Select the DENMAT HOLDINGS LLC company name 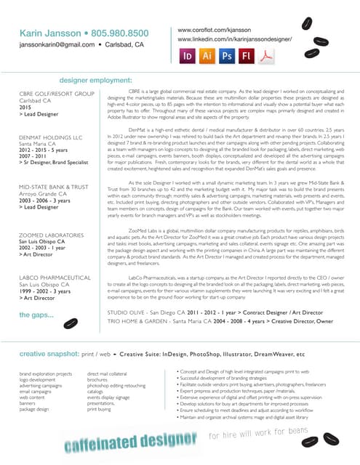(x=51, y=137)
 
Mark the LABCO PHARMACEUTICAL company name (x=55, y=278)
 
